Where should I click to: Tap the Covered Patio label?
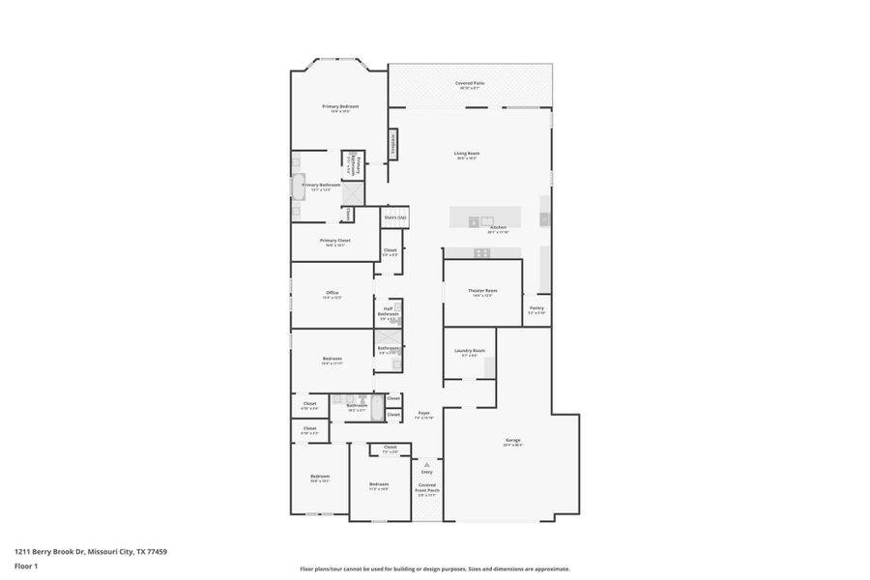(x=470, y=83)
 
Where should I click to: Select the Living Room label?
(x=468, y=154)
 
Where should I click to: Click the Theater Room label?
(x=482, y=291)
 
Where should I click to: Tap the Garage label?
(x=512, y=441)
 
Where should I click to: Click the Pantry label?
(x=536, y=308)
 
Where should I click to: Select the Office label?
(x=332, y=293)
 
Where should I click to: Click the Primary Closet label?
(x=334, y=241)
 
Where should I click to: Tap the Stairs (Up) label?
(x=395, y=217)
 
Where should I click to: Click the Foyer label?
(x=423, y=413)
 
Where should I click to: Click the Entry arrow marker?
(x=426, y=464)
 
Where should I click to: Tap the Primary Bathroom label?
(x=321, y=185)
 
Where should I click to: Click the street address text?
(x=91, y=551)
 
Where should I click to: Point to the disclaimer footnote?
(x=434, y=568)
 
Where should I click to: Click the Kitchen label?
(x=498, y=228)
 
